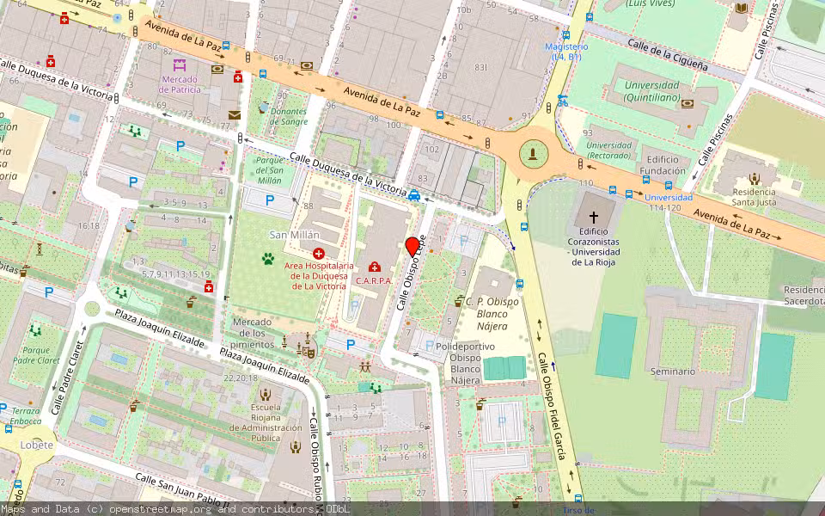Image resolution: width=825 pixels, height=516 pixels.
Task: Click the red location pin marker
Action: [x=412, y=246]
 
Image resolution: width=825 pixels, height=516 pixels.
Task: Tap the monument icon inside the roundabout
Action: [x=535, y=154]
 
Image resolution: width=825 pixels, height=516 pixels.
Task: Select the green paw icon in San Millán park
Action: [x=269, y=256]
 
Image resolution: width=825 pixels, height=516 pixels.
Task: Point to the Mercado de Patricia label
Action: [x=180, y=84]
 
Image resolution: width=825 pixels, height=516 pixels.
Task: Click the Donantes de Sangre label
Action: [x=288, y=117]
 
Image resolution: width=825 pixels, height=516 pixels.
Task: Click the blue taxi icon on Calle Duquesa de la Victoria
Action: [x=415, y=195]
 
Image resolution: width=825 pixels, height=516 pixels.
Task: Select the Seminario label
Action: [x=673, y=372]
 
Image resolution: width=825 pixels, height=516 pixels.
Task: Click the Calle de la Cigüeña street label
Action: [x=667, y=53]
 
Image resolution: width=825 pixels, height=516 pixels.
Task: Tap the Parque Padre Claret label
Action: [x=36, y=356]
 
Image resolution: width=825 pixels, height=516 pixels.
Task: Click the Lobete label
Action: [x=37, y=445]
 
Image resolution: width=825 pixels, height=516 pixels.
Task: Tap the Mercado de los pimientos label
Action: [x=253, y=328]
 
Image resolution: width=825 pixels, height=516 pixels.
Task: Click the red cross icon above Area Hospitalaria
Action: [x=319, y=254]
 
